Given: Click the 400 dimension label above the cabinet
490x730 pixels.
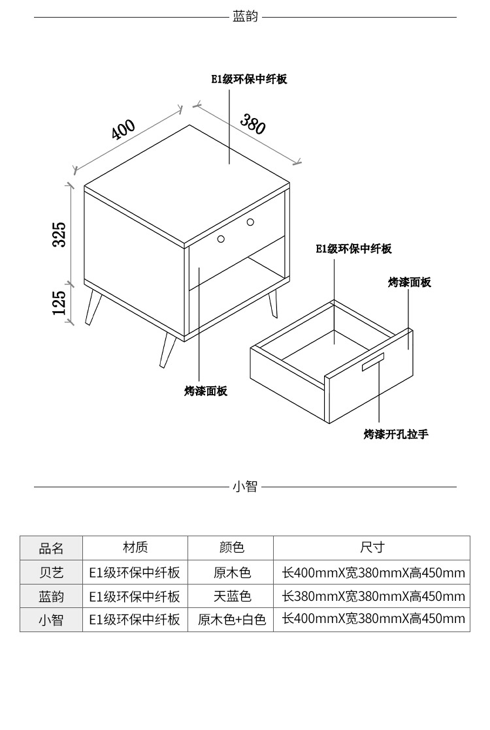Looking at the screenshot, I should pos(123,130).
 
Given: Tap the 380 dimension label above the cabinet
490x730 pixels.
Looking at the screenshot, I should pos(253,124).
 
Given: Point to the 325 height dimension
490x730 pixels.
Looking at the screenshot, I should pos(59,234).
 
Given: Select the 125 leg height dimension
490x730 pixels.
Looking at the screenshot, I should pos(59,303).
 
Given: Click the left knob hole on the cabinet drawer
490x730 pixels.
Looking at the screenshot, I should pos(221,239).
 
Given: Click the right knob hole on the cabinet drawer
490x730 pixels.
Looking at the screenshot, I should pos(250,222).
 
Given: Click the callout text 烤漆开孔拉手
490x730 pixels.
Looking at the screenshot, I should pos(396,434).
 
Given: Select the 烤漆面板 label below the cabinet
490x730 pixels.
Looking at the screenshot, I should pos(206,391).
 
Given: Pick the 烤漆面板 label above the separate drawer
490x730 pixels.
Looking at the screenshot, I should pos(410,282).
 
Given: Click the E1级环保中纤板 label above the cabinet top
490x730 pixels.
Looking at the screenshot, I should pos(249,80).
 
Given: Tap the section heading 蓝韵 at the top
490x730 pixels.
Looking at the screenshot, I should pos(245,16).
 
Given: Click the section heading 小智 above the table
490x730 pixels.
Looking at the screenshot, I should pos(245,487).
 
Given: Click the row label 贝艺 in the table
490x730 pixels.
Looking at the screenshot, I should pos(52,573).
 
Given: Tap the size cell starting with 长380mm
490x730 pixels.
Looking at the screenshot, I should pos(373,596).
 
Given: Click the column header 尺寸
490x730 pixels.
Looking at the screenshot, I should pos(372,547).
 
